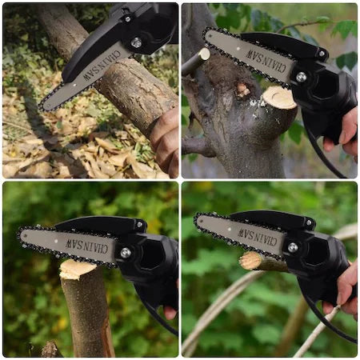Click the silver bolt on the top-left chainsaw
137,42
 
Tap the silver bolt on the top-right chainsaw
301,78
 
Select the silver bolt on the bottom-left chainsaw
126,253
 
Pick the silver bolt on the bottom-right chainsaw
293,247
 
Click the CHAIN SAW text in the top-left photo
102,66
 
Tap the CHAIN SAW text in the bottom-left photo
87,246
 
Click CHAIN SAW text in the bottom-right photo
258,237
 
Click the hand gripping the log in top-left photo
166,142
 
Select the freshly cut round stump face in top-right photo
279,98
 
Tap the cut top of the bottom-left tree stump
77,269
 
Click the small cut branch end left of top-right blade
205,54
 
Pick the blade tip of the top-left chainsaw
42,107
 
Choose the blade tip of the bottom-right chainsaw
197,220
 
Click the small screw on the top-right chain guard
322,54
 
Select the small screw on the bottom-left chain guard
139,224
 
